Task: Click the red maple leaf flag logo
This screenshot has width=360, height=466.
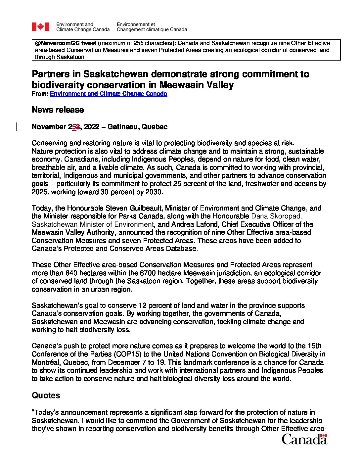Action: (40, 27)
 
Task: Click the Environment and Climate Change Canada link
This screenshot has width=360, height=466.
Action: (108, 94)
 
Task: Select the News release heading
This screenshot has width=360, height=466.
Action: (58, 110)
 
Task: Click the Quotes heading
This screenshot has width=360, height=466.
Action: (46, 396)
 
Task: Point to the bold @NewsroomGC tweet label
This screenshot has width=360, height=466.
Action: (66, 43)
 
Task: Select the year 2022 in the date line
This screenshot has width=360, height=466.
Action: (92, 127)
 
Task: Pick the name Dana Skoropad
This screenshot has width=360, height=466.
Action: (276, 216)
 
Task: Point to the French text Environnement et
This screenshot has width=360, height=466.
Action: (136, 24)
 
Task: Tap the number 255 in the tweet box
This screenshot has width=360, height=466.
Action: (139, 43)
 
